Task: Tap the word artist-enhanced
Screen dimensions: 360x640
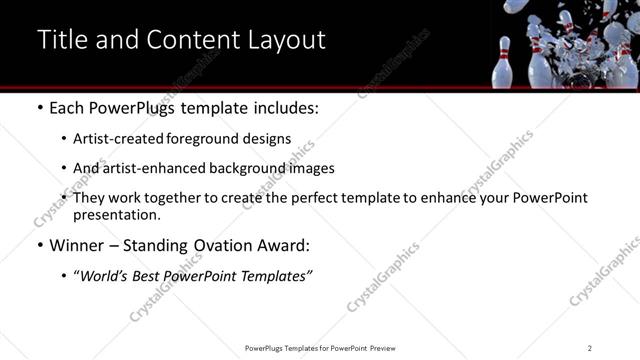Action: (x=159, y=168)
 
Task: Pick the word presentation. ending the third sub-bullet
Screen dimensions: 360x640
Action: (x=116, y=214)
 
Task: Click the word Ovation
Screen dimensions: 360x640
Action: (x=224, y=246)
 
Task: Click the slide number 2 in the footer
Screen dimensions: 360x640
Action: (x=590, y=348)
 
